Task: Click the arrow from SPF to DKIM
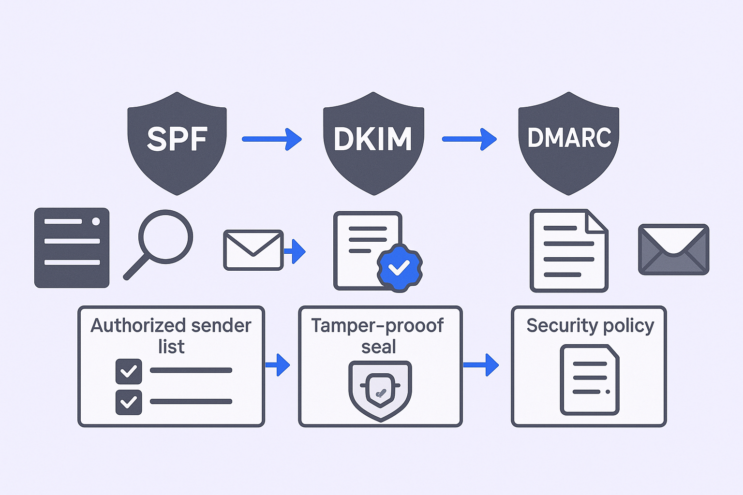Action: click(x=272, y=139)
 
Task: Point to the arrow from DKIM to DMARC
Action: click(x=469, y=139)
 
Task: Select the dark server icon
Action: click(x=72, y=248)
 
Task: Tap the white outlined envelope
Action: click(x=253, y=250)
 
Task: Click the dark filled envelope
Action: click(x=673, y=249)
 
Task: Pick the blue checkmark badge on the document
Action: click(x=400, y=267)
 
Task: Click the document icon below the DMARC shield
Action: click(x=569, y=250)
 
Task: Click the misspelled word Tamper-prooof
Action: click(x=377, y=326)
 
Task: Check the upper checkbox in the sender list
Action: click(x=129, y=371)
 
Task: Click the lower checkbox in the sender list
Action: click(x=129, y=402)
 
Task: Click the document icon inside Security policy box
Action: click(x=590, y=380)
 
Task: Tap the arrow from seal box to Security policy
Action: click(x=481, y=364)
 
